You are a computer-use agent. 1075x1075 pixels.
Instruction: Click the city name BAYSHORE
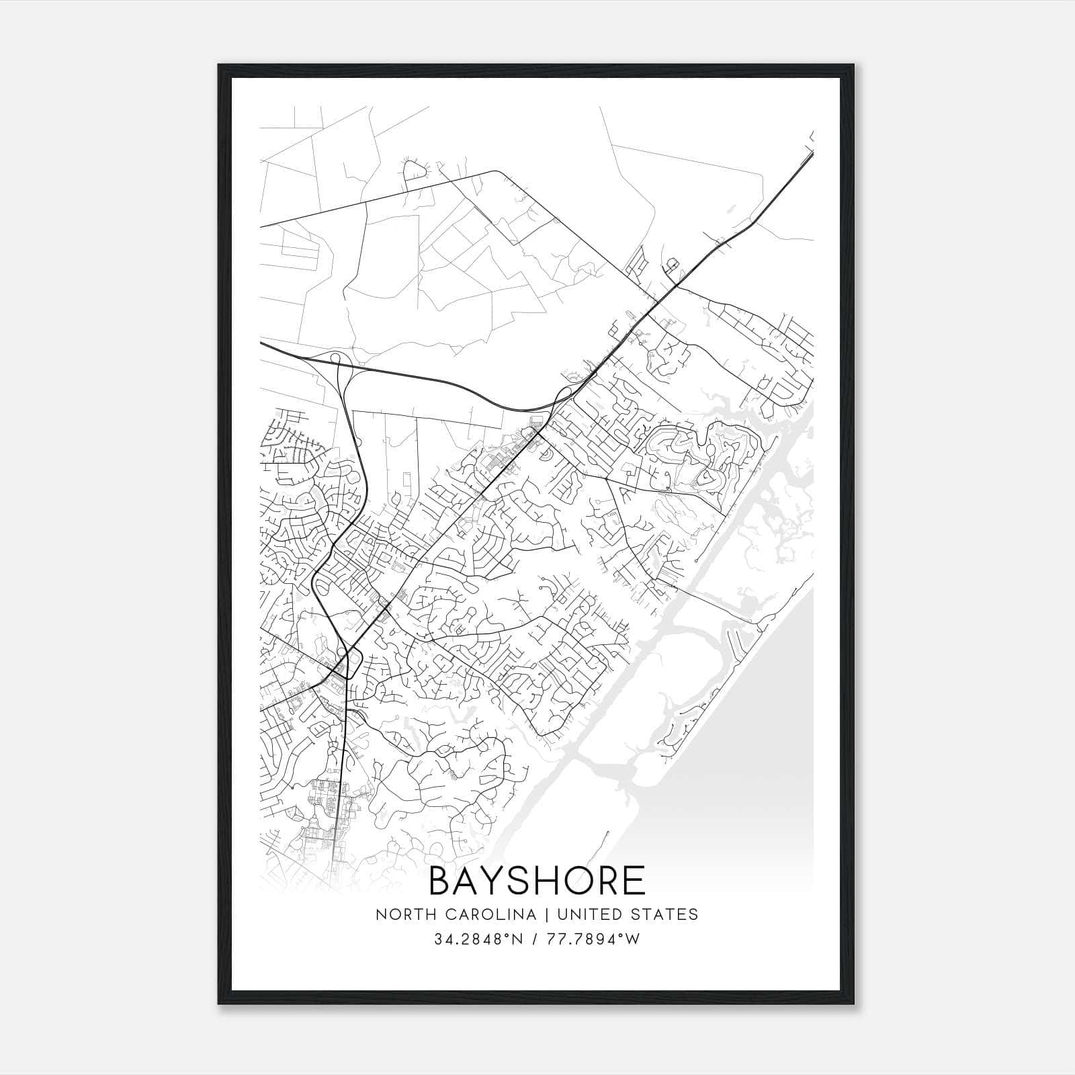pos(537,881)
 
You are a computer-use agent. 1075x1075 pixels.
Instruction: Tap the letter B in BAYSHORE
pos(441,881)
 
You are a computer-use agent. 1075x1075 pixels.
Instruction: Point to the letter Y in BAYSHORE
pos(497,881)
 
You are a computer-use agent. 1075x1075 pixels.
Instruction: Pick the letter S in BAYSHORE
pos(523,881)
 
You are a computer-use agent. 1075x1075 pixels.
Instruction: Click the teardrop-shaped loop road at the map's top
pos(415,171)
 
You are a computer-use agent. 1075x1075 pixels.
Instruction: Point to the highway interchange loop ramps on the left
pos(339,366)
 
